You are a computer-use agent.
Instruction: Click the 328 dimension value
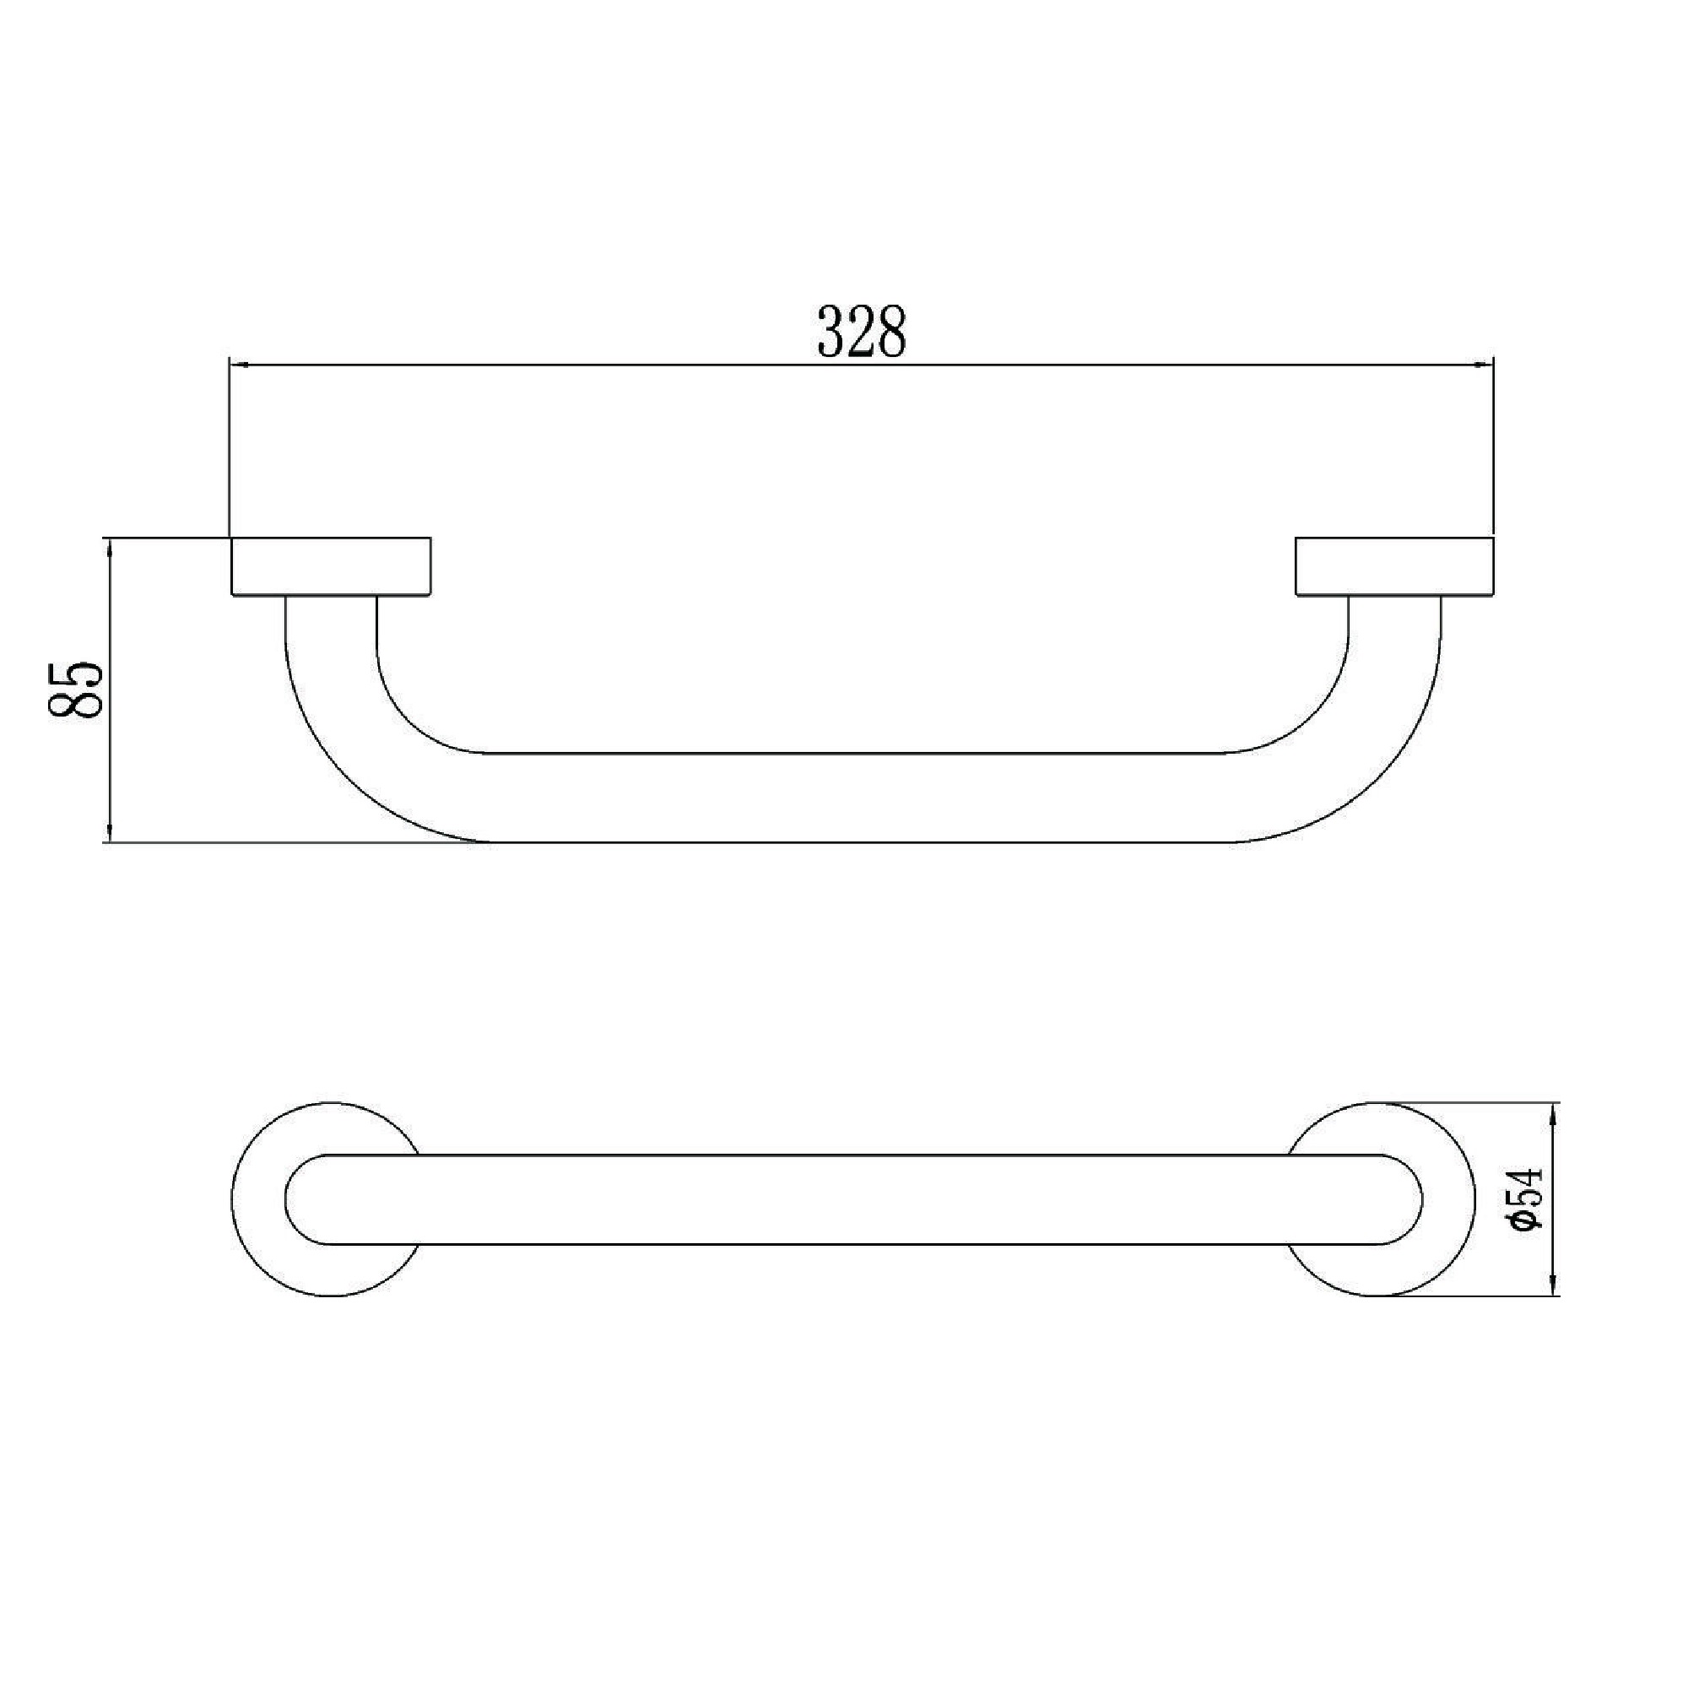point(862,332)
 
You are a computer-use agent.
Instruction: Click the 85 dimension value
point(77,690)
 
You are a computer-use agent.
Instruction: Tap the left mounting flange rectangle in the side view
point(330,567)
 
